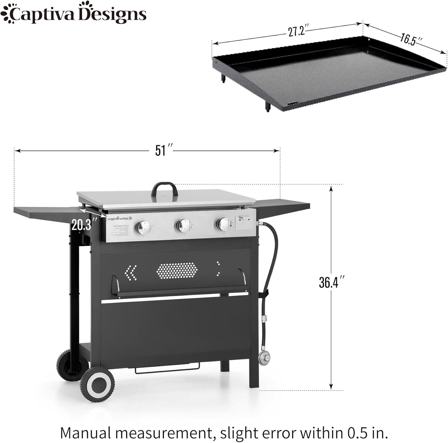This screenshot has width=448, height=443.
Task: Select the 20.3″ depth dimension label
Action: (x=81, y=224)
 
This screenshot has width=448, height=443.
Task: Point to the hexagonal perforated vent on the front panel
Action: (x=177, y=270)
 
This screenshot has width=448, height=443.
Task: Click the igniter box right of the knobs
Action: (x=244, y=223)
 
